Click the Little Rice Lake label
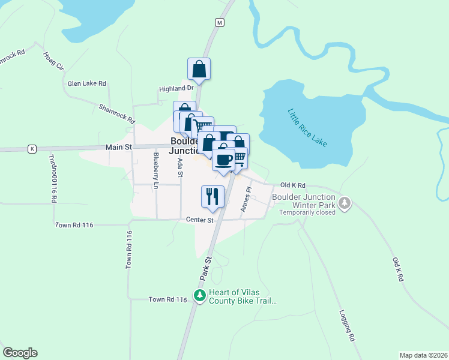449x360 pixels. point(307,128)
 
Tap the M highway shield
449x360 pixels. point(220,22)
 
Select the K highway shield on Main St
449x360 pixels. point(32,148)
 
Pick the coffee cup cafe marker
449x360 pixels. point(224,160)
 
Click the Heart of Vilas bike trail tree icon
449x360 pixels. point(200,295)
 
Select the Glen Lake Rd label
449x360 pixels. point(87,83)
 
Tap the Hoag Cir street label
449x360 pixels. point(53,61)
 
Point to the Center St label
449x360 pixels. point(200,220)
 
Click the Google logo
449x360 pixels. point(20,353)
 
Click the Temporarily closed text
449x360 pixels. point(306,212)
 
